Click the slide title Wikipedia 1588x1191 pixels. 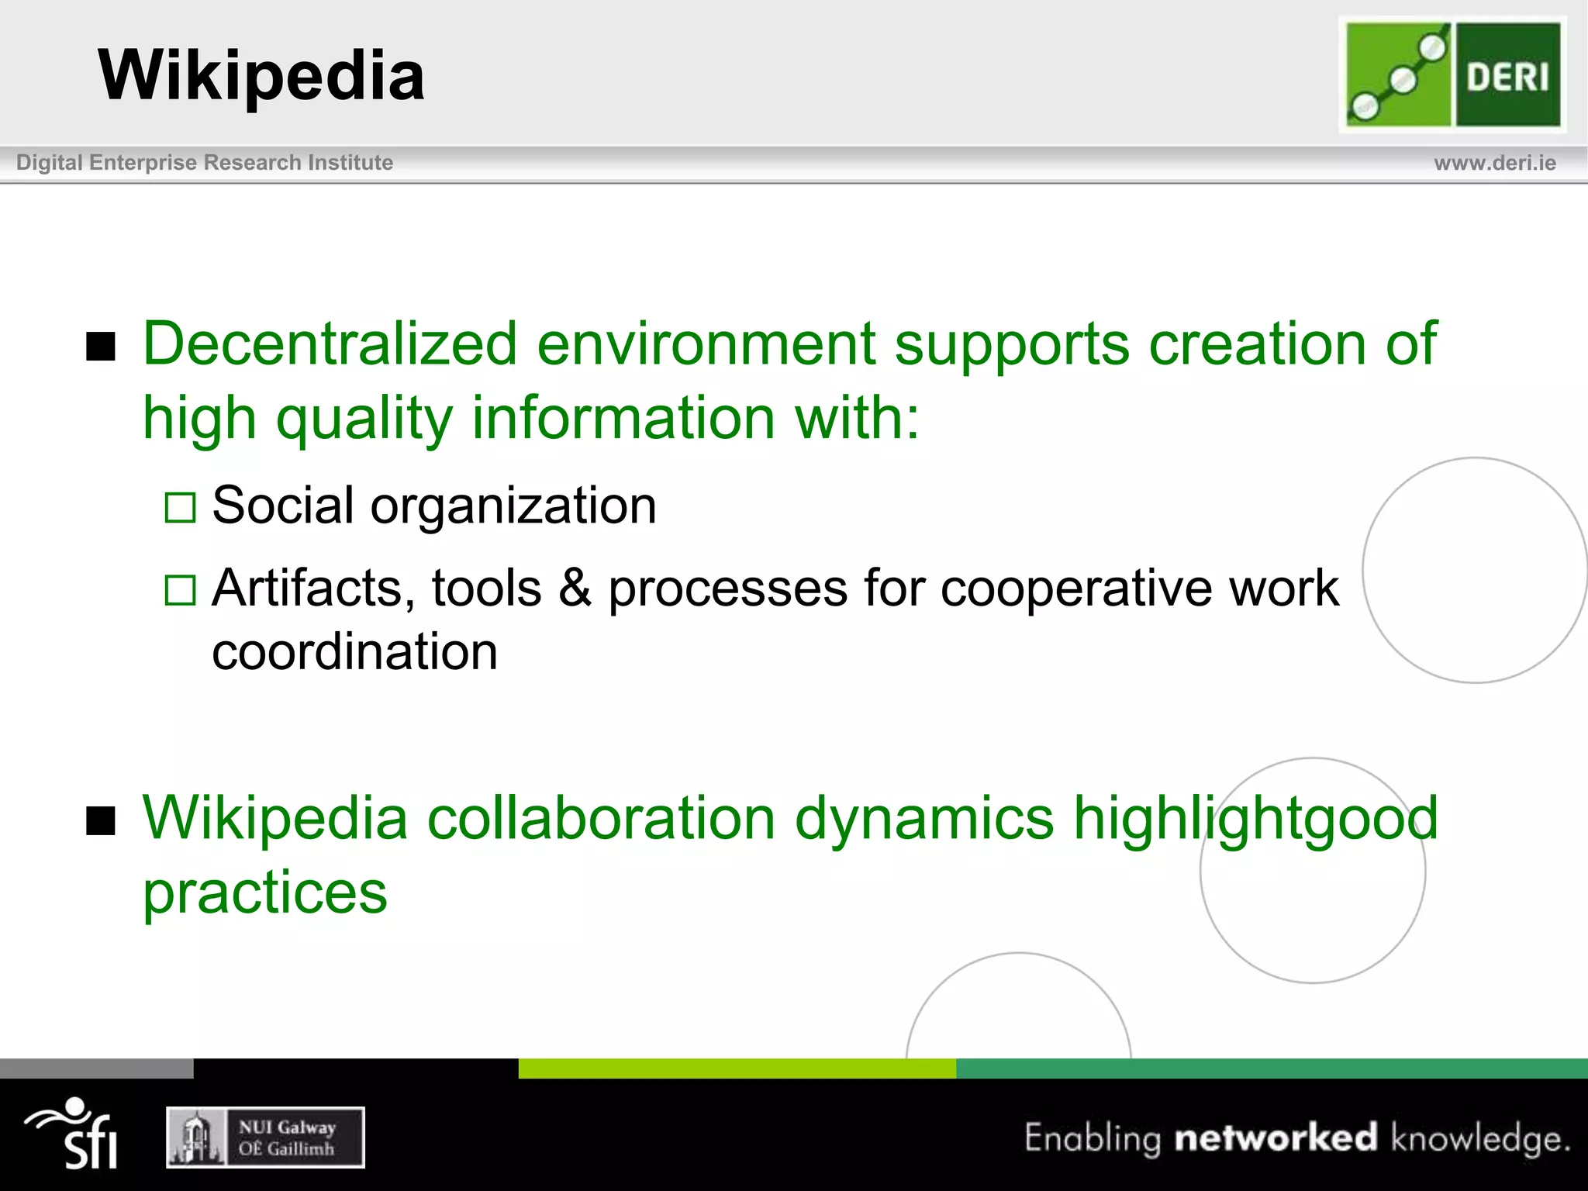coord(261,75)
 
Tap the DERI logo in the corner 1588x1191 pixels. coord(1452,74)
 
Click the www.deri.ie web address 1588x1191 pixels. coord(1494,163)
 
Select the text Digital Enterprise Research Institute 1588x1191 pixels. coord(205,163)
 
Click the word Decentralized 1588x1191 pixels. coord(330,343)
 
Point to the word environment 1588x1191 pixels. coord(706,343)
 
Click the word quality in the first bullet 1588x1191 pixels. coord(364,419)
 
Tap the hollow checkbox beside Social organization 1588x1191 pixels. coord(181,508)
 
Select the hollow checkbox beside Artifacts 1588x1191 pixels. coord(181,590)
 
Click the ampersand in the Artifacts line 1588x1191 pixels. coord(575,588)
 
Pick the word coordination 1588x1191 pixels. coord(354,651)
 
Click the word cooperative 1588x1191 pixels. coord(1077,588)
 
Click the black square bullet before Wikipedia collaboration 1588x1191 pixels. coord(101,821)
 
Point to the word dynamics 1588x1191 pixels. coord(924,819)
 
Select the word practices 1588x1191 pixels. coord(265,893)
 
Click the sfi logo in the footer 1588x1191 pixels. coord(74,1134)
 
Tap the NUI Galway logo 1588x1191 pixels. coord(265,1137)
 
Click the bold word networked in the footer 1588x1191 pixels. coord(1276,1137)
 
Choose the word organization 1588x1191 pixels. coord(513,506)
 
